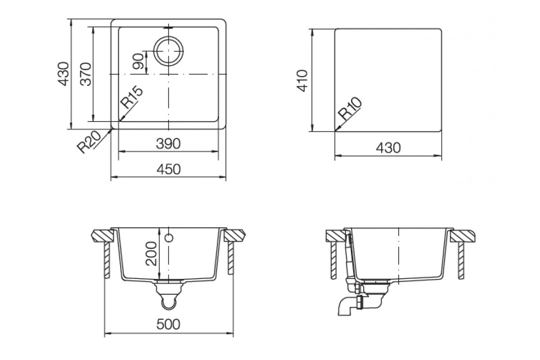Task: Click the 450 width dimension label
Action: (x=168, y=169)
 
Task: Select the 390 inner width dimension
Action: (x=168, y=144)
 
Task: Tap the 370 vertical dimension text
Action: (x=86, y=74)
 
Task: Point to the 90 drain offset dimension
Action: (x=139, y=61)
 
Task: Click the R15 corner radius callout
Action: (x=131, y=97)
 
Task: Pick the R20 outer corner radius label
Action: (x=89, y=142)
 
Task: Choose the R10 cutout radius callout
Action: (x=350, y=108)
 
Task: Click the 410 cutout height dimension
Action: (x=302, y=81)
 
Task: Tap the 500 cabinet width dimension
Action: (x=168, y=324)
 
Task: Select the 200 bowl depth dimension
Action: (x=151, y=254)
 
